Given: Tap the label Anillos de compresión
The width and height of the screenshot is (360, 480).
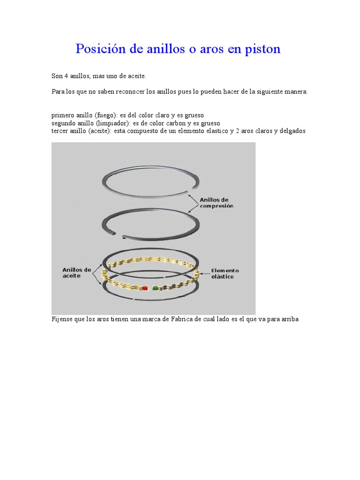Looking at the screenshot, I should pyautogui.click(x=217, y=202).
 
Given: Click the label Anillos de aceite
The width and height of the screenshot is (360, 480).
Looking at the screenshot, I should pyautogui.click(x=76, y=273).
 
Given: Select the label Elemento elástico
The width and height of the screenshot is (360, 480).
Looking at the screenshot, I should pyautogui.click(x=225, y=274).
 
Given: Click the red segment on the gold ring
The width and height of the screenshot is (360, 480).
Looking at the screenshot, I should pyautogui.click(x=144, y=288).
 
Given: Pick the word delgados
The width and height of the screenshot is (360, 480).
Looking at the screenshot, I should pyautogui.click(x=292, y=131).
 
